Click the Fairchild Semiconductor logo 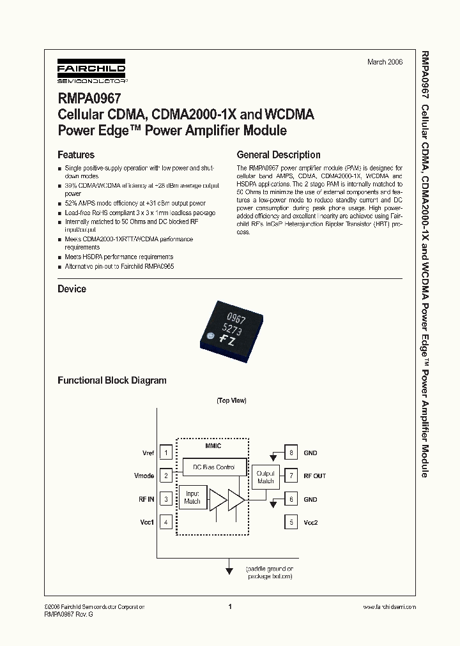pos(91,72)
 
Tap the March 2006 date pos(385,62)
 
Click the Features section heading pos(76,155)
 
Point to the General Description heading pos(279,155)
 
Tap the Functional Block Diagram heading pos(112,380)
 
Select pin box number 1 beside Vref pos(166,453)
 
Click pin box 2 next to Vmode pos(166,476)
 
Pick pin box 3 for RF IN pos(166,499)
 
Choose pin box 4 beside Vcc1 pos(166,522)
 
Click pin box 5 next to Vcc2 pos(291,522)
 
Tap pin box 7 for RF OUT pos(291,476)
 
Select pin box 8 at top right pos(291,453)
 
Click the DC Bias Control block pos(214,467)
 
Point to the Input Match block pos(192,497)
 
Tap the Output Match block pos(265,477)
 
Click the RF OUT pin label pos(314,476)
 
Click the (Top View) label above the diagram pos(231,401)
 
